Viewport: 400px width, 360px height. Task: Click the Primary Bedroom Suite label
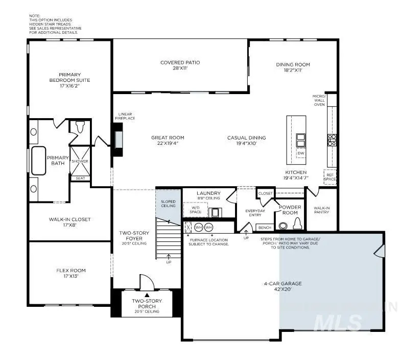(x=70, y=80)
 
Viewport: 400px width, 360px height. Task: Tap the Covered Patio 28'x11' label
(x=180, y=65)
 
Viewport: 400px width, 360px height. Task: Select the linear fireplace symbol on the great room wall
(x=119, y=139)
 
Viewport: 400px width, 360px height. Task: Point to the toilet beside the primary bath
(x=80, y=127)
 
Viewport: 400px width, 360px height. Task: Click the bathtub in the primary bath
(x=39, y=161)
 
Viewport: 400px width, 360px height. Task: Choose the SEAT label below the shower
(x=80, y=178)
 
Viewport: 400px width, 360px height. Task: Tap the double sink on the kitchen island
(x=300, y=140)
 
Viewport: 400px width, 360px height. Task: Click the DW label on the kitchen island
(x=300, y=153)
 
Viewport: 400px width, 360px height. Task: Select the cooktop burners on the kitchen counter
(x=332, y=140)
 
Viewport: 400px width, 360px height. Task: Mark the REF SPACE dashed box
(x=330, y=176)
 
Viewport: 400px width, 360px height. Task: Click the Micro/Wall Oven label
(x=319, y=100)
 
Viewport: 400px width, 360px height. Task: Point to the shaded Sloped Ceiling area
(x=168, y=205)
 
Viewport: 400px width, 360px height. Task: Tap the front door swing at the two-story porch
(x=147, y=282)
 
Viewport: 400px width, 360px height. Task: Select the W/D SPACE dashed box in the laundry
(x=196, y=210)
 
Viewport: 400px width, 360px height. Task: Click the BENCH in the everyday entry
(x=264, y=228)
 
